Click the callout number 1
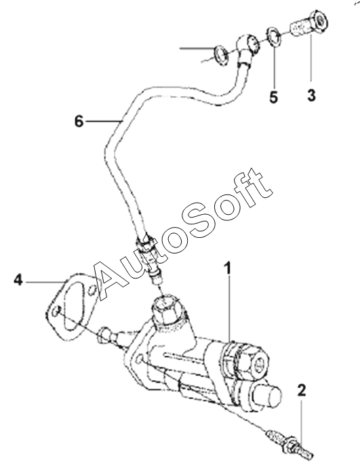[x=228, y=268]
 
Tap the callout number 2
[x=302, y=390]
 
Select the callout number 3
[x=311, y=95]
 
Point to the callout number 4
[x=18, y=281]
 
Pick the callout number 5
[x=273, y=98]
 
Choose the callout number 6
[x=79, y=121]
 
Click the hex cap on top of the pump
[x=166, y=311]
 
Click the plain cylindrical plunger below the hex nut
[x=266, y=396]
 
